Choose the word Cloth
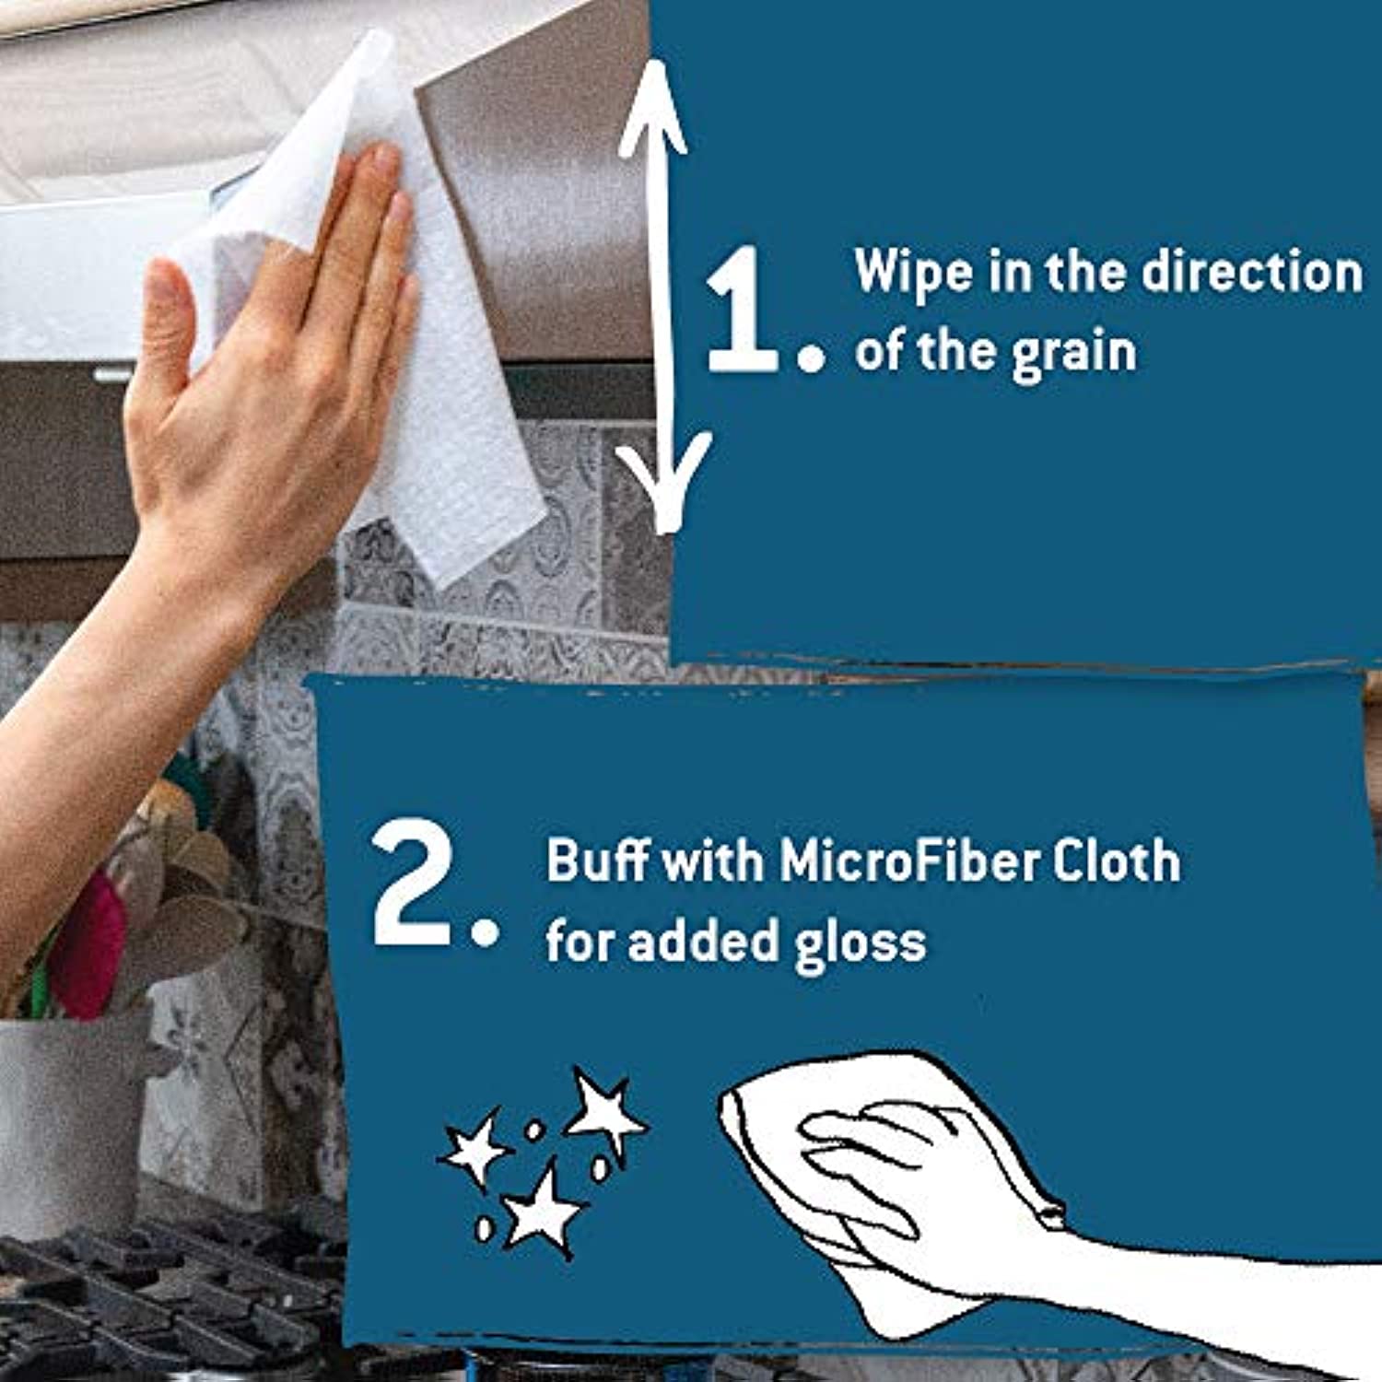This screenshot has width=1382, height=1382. click(1117, 861)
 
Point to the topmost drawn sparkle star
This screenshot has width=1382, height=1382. click(604, 1113)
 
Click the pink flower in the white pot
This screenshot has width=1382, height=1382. click(88, 944)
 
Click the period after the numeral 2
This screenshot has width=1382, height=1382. click(485, 931)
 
